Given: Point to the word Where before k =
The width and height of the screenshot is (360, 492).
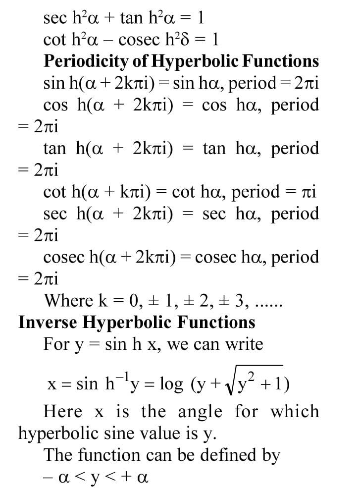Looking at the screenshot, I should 68,301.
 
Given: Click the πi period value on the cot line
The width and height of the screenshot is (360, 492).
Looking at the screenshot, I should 308,192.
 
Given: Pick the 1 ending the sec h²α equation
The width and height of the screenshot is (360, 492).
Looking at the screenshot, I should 200,18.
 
